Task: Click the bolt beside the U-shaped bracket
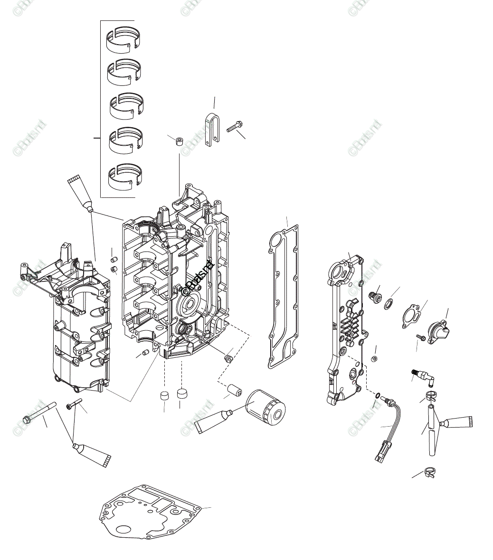[235, 127]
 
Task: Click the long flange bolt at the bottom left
[39, 412]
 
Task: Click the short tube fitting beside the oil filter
[235, 390]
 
